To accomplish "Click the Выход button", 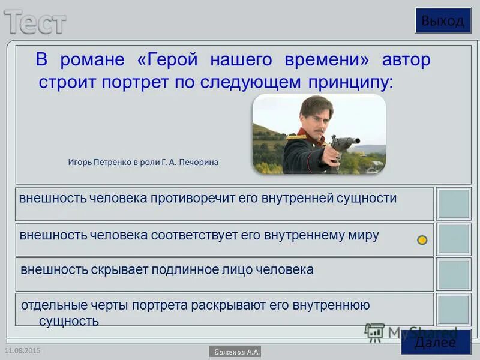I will tap(442, 21).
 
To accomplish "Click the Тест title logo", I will tap(36, 23).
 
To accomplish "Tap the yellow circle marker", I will tap(422, 240).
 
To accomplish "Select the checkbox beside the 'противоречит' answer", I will tap(454, 204).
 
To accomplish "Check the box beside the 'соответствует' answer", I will tap(454, 239).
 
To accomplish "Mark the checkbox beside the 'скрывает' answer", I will tap(454, 274).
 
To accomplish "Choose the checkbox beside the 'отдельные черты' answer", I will tap(454, 310).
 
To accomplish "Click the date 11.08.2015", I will tap(22, 350).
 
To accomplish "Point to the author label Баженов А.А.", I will tap(235, 352).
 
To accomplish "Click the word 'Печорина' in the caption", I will tap(199, 162).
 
